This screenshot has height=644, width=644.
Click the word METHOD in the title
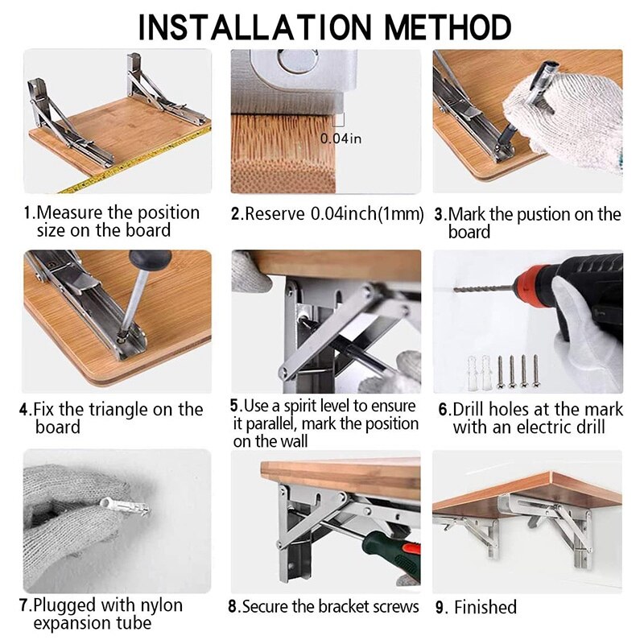(x=448, y=27)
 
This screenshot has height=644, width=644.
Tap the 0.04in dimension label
(x=341, y=138)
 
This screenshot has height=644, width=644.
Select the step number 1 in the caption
(x=27, y=213)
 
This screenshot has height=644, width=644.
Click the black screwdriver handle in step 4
(x=150, y=259)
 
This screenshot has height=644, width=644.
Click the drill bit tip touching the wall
(x=456, y=290)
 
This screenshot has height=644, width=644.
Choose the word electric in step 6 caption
(x=547, y=427)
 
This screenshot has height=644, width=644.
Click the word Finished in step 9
(x=485, y=607)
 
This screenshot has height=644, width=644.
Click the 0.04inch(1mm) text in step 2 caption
(x=367, y=214)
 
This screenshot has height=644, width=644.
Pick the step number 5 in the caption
(x=234, y=406)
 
